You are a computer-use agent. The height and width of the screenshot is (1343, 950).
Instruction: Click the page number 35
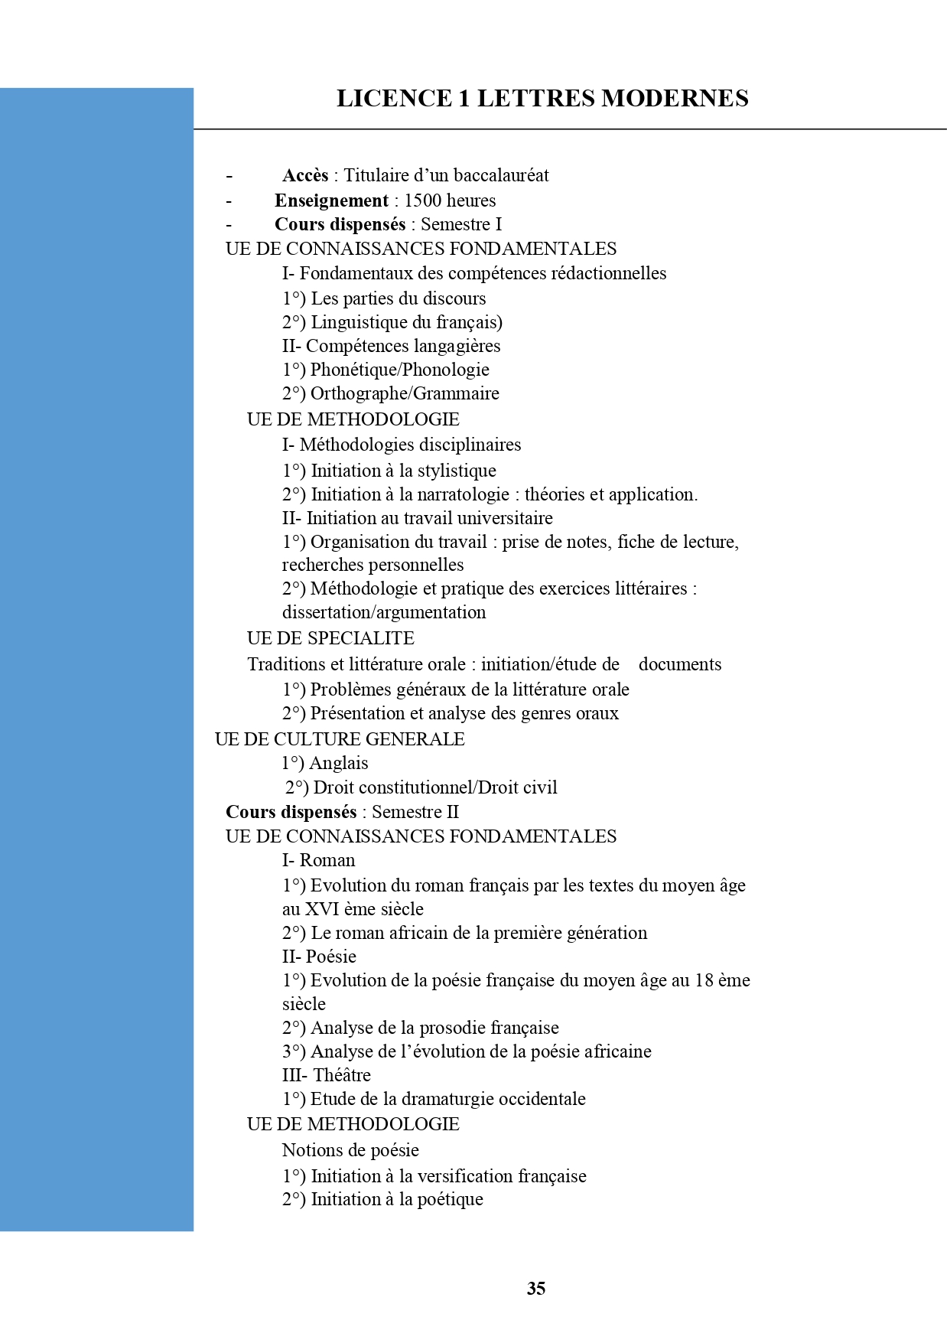click(536, 1289)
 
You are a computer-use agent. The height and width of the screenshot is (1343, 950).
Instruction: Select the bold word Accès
click(305, 176)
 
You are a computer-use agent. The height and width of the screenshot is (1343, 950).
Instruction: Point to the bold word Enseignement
click(331, 200)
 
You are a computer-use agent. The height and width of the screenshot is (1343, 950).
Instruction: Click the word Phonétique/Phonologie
click(399, 370)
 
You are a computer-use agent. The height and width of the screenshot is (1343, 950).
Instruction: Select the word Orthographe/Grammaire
click(405, 393)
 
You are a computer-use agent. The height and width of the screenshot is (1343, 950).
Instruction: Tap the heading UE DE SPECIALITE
click(330, 638)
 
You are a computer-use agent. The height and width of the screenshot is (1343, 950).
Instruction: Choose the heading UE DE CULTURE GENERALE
click(340, 739)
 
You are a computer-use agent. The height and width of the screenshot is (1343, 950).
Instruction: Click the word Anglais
click(339, 763)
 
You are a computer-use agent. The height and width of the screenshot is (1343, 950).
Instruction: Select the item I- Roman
click(318, 860)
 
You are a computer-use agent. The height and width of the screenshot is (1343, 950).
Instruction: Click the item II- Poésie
click(319, 957)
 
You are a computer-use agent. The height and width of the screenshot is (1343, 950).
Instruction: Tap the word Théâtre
click(342, 1075)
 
